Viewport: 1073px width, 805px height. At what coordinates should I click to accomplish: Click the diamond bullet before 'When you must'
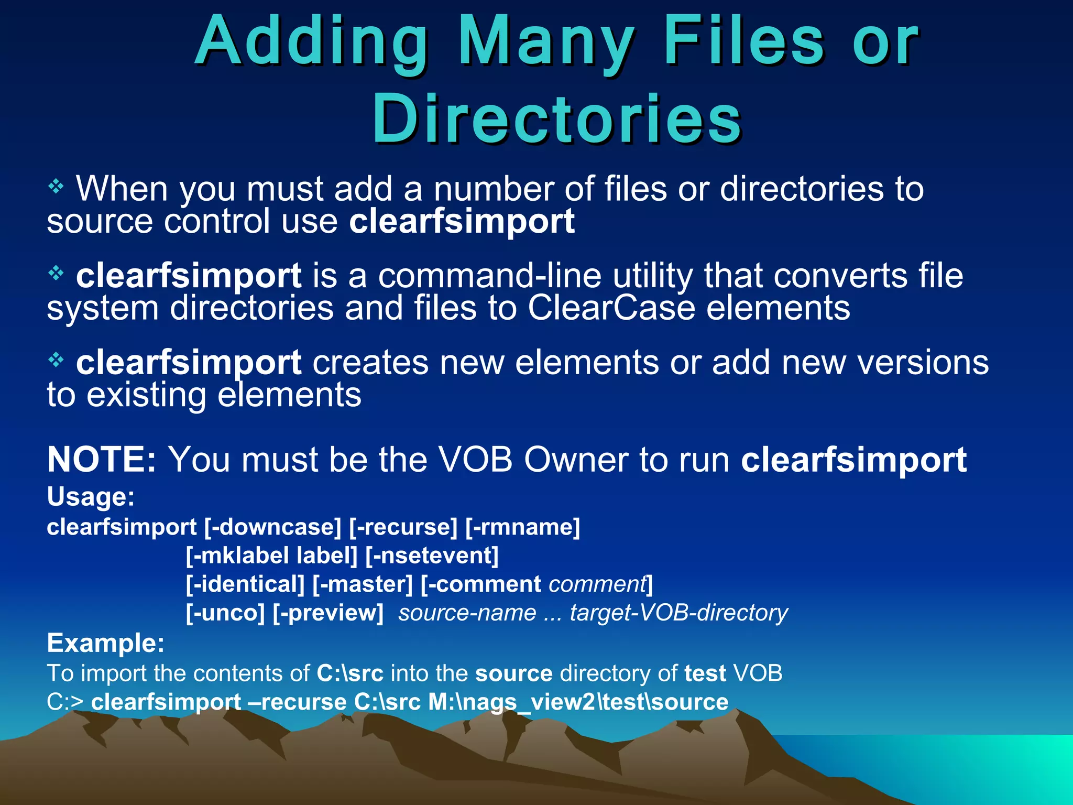[56, 186]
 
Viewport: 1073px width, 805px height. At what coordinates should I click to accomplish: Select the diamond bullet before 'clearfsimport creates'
[56, 360]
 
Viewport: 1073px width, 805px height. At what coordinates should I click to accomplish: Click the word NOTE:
[102, 460]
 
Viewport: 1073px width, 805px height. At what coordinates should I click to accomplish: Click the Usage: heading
[91, 496]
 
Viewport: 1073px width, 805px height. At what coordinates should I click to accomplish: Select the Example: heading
[105, 643]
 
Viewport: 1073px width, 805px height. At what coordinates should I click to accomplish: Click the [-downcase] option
[272, 527]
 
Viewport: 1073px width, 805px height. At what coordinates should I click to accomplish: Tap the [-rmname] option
[523, 527]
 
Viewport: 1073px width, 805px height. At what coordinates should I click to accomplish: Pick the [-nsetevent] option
[432, 556]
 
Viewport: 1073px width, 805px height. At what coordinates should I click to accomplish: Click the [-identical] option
[245, 584]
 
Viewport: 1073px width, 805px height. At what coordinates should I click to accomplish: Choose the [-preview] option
[329, 613]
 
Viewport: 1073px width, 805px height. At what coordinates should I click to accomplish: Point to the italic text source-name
[467, 613]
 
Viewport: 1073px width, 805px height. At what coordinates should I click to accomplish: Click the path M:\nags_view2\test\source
[578, 702]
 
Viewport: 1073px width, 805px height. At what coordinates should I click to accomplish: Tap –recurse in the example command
[298, 702]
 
